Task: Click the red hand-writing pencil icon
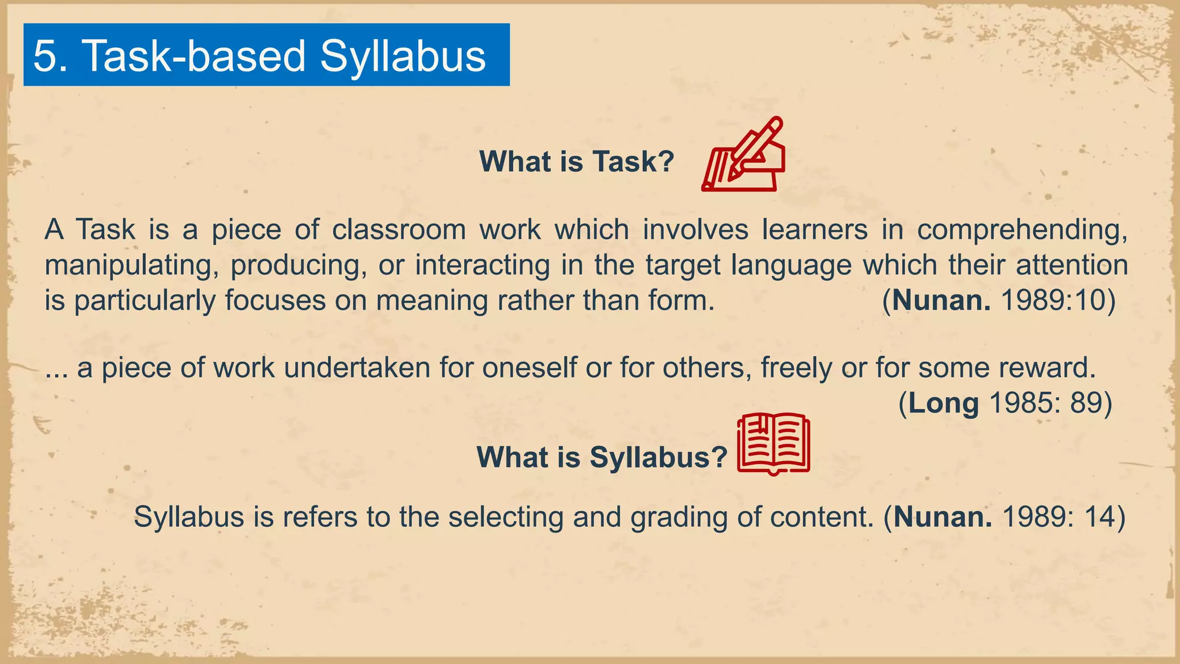pos(743,154)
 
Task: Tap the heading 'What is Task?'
pos(577,161)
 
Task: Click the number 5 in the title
pos(45,56)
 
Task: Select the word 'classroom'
pos(399,230)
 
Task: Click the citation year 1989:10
pos(1058,300)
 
